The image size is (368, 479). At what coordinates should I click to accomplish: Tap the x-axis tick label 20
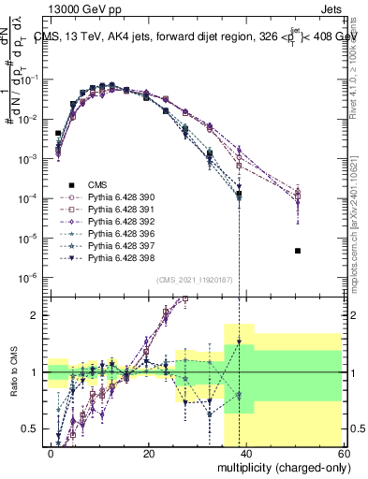[148, 453]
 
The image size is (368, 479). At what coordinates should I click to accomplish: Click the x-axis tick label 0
[52, 453]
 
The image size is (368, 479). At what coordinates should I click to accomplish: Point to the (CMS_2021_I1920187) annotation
[193, 280]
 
